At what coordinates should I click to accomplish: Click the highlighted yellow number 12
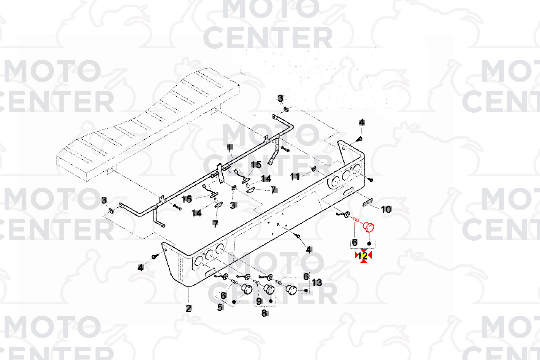pos(363,256)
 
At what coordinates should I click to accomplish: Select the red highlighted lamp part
pos(368,227)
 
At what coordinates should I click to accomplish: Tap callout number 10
pos(386,209)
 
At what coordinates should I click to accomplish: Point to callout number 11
pos(295,176)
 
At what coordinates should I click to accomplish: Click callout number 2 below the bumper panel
pos(189,308)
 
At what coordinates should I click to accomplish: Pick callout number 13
pos(317,283)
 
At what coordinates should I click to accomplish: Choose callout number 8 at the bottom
pos(264,313)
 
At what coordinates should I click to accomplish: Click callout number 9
pos(259,301)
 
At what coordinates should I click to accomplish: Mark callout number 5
pos(220,307)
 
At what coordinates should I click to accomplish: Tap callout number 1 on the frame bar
pos(229,147)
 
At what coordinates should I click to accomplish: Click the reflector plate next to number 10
pos(367,202)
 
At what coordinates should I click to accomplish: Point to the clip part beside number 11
pos(314,169)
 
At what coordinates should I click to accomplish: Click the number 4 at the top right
pos(362,122)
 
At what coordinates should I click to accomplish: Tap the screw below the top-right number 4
pos(360,138)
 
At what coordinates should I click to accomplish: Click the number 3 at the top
pos(280,98)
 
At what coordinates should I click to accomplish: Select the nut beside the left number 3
pos(111,210)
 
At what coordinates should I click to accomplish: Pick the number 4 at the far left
pos(141,267)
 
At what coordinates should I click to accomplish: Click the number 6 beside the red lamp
pos(355,242)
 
